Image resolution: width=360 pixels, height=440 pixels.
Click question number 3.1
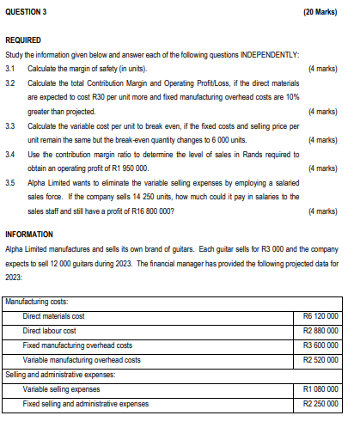(x=11, y=68)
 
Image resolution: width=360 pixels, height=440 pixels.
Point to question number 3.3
(x=11, y=125)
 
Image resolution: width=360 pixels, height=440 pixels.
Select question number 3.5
(x=11, y=183)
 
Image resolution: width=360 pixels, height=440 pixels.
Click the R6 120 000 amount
(x=320, y=316)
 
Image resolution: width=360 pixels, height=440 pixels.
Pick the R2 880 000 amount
(x=320, y=331)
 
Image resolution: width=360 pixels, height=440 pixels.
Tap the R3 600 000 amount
(x=320, y=345)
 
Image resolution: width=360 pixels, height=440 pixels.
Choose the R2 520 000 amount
(x=320, y=360)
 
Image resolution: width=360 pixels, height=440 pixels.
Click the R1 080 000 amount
(x=320, y=389)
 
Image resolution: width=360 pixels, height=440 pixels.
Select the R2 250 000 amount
(x=320, y=404)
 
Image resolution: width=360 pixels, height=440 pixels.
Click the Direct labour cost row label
(x=49, y=331)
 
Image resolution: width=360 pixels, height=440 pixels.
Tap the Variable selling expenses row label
(x=61, y=389)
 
